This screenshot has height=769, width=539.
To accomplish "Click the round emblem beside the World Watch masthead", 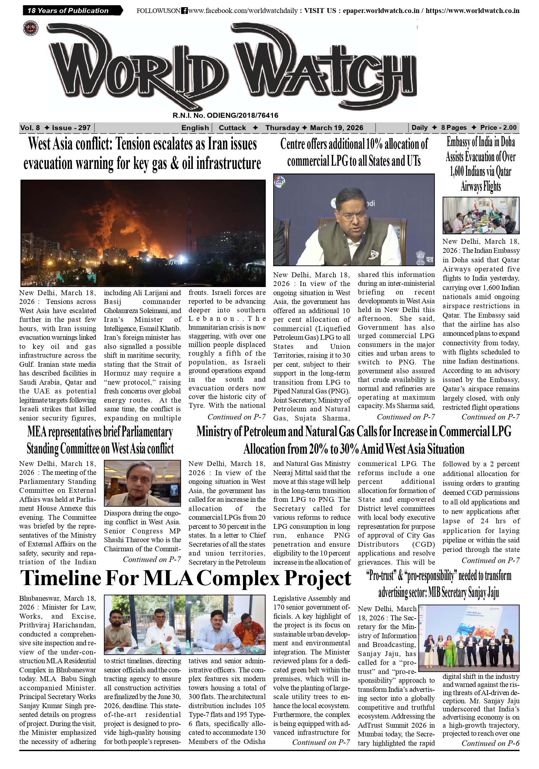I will click(31, 28).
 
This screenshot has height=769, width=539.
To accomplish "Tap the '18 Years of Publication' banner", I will click(68, 11).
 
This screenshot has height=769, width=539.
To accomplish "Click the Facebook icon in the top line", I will click(184, 11).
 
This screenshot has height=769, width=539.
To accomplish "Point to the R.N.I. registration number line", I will click(225, 116).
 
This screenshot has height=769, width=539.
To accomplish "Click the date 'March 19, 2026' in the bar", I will click(336, 128).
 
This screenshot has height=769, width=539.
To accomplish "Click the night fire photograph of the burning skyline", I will click(143, 232).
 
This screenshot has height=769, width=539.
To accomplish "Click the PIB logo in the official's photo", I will click(279, 182).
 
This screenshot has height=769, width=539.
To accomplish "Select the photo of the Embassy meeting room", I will click(481, 215).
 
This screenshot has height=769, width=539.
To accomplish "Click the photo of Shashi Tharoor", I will click(142, 483).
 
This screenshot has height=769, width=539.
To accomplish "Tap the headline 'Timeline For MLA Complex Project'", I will click(185, 578).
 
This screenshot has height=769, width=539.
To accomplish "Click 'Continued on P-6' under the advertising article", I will click(490, 743).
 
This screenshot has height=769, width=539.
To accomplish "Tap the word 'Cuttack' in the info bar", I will click(232, 128).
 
